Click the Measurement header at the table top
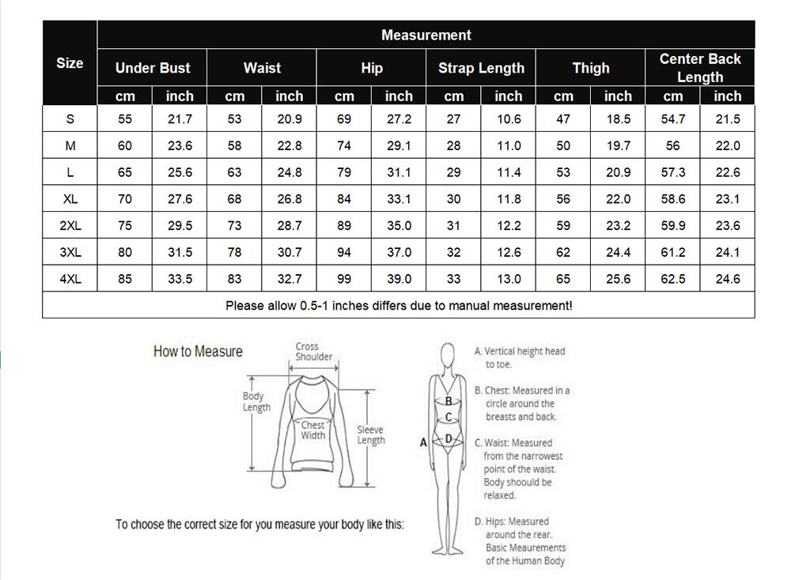click(426, 35)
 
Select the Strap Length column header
click(481, 68)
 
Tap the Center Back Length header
click(700, 68)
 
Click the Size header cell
click(70, 63)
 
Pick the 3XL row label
click(70, 252)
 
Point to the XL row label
click(70, 199)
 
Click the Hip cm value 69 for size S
click(344, 119)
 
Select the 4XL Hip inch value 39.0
click(399, 279)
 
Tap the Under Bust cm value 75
click(125, 225)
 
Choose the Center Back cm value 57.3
click(672, 172)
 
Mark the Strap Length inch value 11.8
click(508, 199)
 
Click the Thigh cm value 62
click(563, 252)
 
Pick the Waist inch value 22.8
click(289, 145)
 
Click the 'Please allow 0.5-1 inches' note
click(399, 306)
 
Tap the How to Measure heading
click(198, 352)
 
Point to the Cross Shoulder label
click(314, 352)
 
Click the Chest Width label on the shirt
click(313, 431)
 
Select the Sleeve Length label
click(370, 435)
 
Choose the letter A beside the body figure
click(423, 443)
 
